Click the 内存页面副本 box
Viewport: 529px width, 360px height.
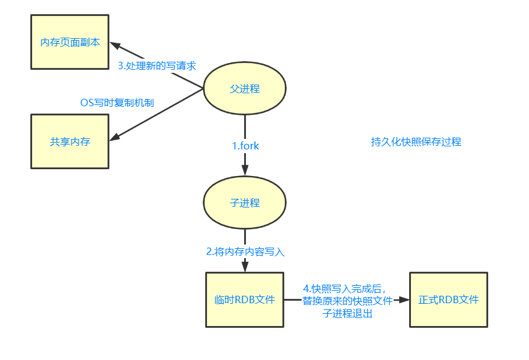pos(70,43)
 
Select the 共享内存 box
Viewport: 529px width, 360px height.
pos(70,141)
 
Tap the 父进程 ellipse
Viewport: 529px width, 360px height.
pos(245,89)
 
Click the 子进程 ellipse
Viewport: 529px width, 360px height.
pos(245,203)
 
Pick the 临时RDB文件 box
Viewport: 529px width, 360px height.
pos(245,299)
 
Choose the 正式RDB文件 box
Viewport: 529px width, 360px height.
pos(448,299)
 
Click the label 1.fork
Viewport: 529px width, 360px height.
pos(245,146)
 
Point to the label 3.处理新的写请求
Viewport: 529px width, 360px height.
pos(157,66)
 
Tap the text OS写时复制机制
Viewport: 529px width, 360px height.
pos(117,102)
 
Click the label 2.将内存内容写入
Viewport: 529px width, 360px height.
pos(245,251)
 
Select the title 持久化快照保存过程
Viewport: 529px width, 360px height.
pos(416,141)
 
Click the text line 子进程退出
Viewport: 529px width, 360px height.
pos(347,313)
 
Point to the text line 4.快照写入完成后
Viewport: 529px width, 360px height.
pos(344,288)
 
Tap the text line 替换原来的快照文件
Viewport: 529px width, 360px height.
pos(347,301)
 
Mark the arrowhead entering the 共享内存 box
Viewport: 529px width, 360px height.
pos(114,137)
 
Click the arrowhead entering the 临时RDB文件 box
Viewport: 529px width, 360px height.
pos(245,267)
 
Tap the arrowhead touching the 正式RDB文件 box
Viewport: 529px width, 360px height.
pos(405,299)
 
